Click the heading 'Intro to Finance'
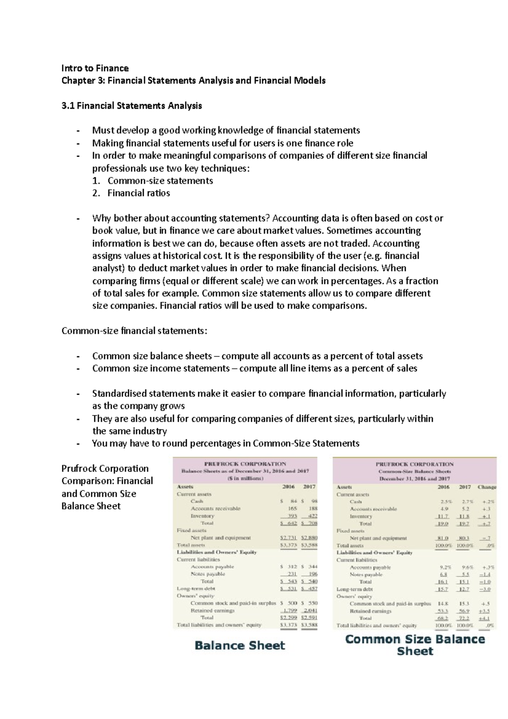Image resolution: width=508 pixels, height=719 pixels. (x=95, y=68)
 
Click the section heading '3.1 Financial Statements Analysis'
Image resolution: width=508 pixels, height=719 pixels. (x=132, y=106)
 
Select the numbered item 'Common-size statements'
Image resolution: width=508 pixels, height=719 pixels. (x=160, y=181)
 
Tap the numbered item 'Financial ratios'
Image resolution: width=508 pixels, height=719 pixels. (x=138, y=193)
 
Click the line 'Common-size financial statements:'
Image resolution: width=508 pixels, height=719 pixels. (x=135, y=331)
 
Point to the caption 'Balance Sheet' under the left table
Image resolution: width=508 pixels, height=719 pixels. (x=240, y=645)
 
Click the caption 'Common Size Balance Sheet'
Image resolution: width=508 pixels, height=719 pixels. (x=415, y=645)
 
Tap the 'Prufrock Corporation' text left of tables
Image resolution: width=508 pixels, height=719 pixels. (x=105, y=468)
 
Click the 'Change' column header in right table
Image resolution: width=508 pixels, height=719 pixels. (x=487, y=487)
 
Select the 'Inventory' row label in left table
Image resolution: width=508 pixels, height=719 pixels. (x=202, y=516)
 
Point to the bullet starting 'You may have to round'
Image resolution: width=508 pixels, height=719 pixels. (x=225, y=443)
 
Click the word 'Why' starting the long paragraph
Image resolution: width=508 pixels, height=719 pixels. (x=101, y=218)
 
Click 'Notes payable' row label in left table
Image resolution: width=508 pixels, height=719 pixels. (x=208, y=574)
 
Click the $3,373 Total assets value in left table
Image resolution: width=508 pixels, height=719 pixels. (x=289, y=545)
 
